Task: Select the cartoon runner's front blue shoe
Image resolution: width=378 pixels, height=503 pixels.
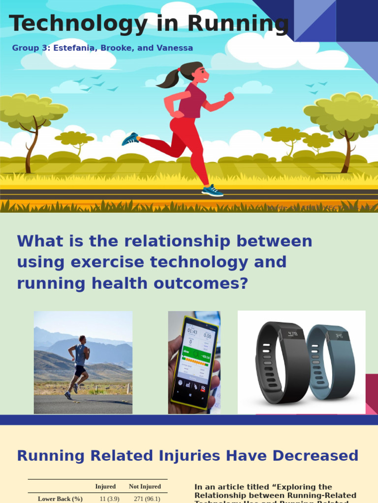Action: point(212,191)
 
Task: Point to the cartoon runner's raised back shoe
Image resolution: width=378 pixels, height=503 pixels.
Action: point(130,139)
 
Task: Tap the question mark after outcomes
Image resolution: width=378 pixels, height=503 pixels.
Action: point(244,283)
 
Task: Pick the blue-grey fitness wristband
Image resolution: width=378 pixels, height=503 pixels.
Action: point(332,362)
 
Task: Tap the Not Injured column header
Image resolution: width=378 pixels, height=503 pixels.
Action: point(145,487)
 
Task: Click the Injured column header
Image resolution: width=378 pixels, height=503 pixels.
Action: point(105,487)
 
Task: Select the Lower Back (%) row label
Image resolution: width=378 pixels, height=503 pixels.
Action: point(60,499)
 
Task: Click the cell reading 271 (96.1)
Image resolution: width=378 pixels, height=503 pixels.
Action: point(147,499)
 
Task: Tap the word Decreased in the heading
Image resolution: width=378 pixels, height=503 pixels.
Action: point(315,456)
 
